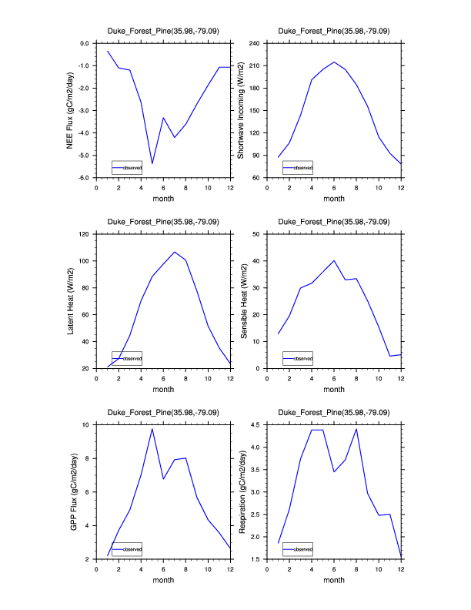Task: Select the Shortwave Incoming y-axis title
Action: pos(241,110)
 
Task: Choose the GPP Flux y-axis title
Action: pos(75,492)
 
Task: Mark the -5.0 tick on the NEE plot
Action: pos(85,156)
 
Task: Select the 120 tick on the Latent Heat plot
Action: pos(85,233)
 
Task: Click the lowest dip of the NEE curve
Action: pos(152,163)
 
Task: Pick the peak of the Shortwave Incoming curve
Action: pos(334,62)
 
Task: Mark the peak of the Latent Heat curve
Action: pos(175,252)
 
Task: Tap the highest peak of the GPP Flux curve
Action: pos(152,429)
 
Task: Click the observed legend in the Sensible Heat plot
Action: pos(297,359)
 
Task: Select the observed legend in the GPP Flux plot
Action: pos(126,549)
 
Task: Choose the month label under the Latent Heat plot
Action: pos(163,389)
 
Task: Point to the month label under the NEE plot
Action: pos(163,198)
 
